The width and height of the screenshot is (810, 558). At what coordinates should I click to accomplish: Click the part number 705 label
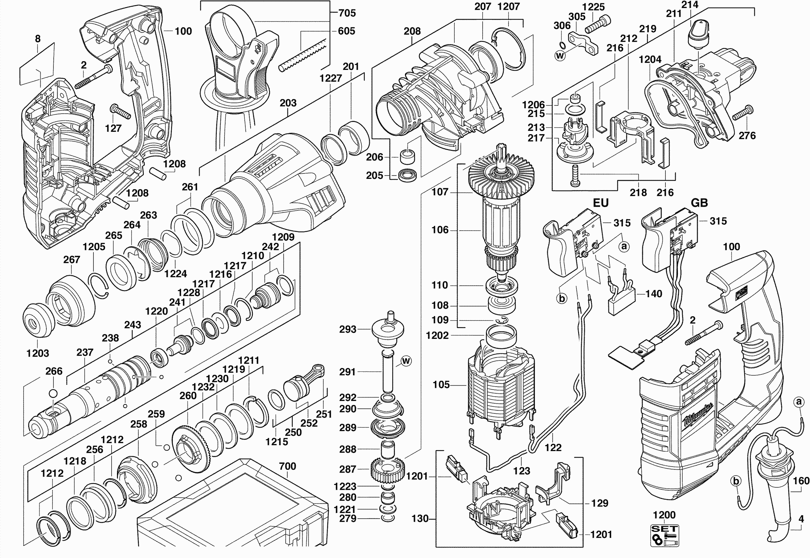[x=347, y=13]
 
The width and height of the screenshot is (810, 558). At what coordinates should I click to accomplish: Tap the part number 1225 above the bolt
[x=593, y=7]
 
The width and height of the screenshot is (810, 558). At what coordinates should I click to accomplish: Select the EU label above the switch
[x=601, y=203]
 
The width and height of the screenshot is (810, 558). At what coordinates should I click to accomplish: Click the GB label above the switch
[x=699, y=203]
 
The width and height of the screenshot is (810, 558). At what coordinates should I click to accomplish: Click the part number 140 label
[x=653, y=294]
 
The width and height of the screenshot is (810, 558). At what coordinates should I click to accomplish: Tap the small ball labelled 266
[x=53, y=393]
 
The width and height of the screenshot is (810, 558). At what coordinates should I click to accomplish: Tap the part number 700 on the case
[x=287, y=466]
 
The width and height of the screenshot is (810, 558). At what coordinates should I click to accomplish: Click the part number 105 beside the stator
[x=441, y=385]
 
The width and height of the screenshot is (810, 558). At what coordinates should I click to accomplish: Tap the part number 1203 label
[x=38, y=353]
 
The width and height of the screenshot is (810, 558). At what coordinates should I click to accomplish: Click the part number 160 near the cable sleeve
[x=801, y=481]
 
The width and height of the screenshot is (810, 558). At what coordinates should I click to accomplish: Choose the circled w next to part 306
[x=560, y=55]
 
